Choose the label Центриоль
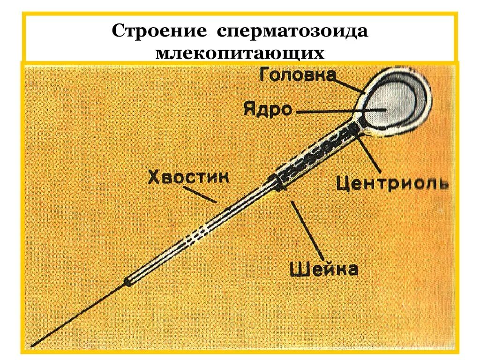[x=392, y=183]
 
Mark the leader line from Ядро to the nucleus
[x=337, y=112]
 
